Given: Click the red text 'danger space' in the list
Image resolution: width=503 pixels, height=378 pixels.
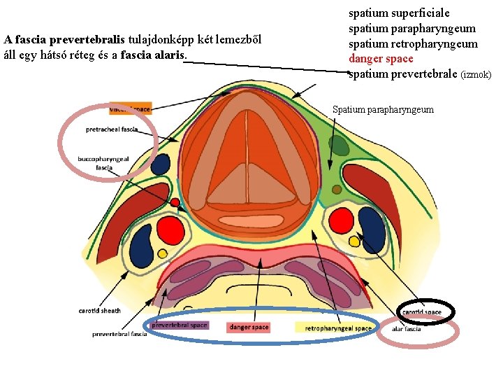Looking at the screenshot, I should coord(381,59).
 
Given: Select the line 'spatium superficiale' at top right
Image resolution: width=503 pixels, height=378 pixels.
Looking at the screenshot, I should coord(399,13).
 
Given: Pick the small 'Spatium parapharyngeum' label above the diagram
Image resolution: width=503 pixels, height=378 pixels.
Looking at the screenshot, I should coord(383,109).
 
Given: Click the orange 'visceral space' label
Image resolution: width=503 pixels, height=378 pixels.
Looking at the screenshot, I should coord(130,108).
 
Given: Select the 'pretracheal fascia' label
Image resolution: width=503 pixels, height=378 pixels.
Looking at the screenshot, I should coord(112,129).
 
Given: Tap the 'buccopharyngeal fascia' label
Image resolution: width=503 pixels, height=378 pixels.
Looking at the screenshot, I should coord(103,163).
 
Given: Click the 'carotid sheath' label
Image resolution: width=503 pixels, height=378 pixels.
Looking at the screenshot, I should coord(99,310).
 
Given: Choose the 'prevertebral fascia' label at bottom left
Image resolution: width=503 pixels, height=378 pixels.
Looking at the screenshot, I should coord(119,334).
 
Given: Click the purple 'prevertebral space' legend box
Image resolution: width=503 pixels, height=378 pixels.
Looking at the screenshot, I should coord(180,325).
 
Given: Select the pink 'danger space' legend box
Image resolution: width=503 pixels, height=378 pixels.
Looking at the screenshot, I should coord(249,328).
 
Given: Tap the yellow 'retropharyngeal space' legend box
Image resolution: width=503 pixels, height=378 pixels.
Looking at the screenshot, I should coord(337,328).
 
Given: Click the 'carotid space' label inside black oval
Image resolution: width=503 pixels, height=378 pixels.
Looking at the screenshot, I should coord(421,311).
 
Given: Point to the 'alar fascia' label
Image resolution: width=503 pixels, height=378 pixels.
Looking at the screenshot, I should coord(406,328).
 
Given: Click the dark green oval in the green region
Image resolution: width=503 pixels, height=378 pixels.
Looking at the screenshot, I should coord(340,145).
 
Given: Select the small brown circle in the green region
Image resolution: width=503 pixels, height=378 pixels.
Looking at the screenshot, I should coord(337,189).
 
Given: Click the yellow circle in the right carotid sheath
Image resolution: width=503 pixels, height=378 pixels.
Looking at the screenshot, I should coord(354,241).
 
